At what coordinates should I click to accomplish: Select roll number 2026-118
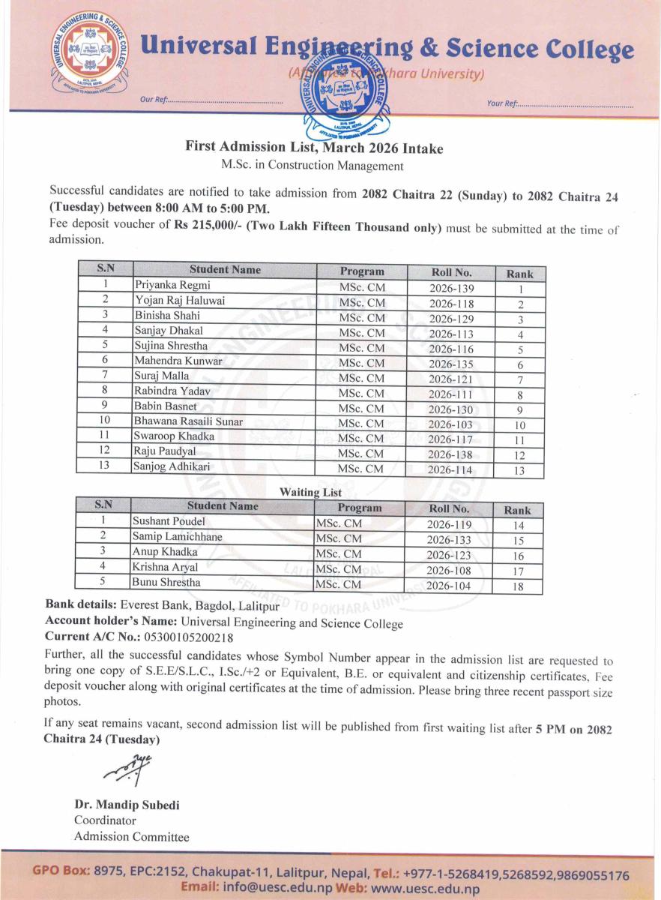451,303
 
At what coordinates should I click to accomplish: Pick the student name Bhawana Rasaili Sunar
187,422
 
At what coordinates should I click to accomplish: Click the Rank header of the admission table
519,274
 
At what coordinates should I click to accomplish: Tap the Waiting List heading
310,493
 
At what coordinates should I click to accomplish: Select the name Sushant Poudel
169,520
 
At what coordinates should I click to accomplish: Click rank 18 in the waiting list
517,587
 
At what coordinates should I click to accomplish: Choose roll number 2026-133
449,540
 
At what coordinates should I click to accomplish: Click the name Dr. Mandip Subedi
127,805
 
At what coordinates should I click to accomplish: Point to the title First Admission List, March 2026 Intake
314,148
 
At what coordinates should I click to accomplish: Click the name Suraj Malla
161,375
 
